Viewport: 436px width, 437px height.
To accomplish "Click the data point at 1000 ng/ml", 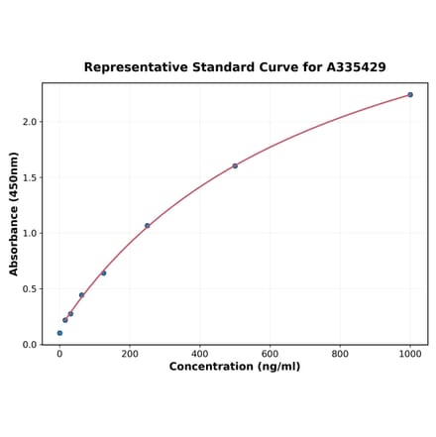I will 410,95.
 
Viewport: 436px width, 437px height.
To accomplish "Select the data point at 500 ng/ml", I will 235,165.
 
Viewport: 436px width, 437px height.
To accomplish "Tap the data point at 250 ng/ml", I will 147,226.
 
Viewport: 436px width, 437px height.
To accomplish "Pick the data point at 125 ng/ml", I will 103,273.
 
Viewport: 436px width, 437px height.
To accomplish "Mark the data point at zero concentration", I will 59,333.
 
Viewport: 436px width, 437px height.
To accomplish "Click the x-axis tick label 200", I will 130,354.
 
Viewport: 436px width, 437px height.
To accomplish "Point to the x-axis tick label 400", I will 200,354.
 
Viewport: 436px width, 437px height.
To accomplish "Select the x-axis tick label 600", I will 270,354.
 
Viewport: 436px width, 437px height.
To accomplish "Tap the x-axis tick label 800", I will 340,354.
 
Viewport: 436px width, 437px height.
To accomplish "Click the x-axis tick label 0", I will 59,354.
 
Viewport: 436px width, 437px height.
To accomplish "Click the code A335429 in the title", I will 351,67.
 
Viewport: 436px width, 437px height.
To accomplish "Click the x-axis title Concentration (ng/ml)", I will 235,367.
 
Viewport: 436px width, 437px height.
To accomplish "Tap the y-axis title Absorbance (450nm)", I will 14,214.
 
